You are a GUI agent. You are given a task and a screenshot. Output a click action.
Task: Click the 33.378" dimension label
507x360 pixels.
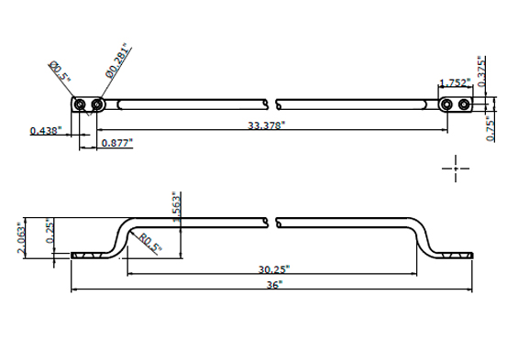267,125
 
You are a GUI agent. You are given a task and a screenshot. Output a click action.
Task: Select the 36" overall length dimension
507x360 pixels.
274,285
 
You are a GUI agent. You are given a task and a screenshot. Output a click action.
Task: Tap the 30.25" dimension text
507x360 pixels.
274,269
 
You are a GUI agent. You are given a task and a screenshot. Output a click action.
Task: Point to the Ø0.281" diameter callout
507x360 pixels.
118,60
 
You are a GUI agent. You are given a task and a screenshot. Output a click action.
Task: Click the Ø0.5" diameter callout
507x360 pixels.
60,71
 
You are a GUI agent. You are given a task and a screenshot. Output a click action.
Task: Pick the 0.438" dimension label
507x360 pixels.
46,131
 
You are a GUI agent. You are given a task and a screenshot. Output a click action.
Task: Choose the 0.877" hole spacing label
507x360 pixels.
117,143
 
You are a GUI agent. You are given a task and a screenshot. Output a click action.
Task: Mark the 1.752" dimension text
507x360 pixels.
456,82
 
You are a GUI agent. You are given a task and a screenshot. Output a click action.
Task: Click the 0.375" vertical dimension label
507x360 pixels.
481,71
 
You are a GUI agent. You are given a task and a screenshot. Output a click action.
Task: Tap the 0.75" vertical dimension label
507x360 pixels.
490,130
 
